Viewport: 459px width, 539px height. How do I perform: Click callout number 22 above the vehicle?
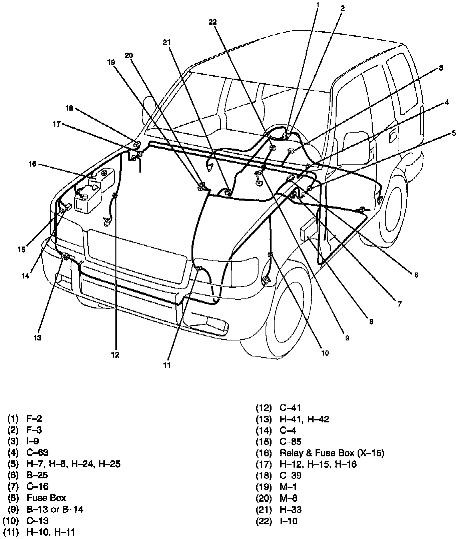212,22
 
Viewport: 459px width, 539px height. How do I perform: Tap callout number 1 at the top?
317,5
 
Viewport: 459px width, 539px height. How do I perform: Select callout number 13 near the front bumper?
37,338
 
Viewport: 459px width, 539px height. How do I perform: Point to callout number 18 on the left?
69,108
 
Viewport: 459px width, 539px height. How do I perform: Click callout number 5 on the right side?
454,133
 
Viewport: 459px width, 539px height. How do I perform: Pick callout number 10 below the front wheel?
325,353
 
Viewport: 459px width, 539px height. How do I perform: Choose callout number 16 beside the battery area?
32,164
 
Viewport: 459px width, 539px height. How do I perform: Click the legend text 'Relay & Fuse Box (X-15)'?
332,453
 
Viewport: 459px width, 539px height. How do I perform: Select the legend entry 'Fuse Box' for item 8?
46,498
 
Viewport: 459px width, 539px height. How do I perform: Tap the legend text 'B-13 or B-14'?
55,509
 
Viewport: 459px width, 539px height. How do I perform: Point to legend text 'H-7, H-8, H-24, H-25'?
73,464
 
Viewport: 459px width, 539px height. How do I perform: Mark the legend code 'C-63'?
37,453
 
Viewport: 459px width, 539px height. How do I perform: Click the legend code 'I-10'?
289,521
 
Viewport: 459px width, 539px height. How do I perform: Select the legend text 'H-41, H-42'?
305,419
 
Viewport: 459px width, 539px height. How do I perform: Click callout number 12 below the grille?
115,355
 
